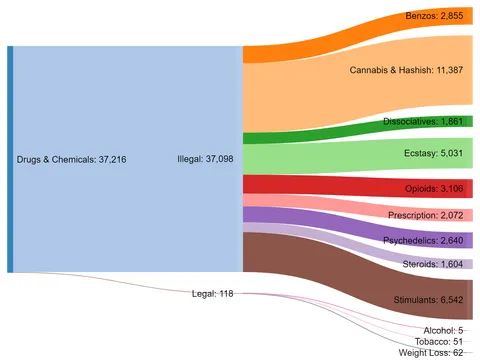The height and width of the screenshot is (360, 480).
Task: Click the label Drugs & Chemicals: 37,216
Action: [69, 159]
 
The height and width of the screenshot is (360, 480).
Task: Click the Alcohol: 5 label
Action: [443, 330]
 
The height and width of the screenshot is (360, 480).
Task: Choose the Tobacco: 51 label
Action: [438, 341]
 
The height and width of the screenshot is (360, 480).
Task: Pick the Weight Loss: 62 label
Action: [430, 353]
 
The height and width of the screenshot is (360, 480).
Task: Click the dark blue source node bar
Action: [10, 159]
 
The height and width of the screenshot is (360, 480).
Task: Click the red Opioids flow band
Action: [300, 186]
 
